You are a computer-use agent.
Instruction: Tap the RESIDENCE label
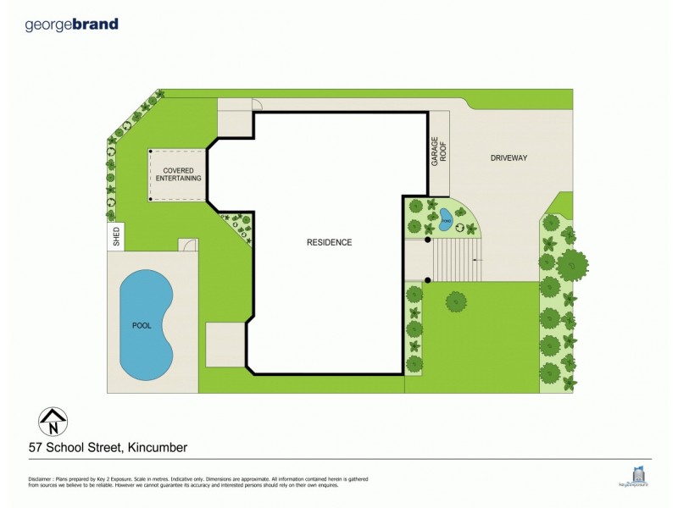tap(329, 242)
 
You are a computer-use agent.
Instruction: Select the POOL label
tap(141, 325)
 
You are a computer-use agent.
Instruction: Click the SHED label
tap(116, 239)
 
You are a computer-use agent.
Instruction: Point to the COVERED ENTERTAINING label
tap(177, 174)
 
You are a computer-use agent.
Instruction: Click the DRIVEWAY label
tap(508, 157)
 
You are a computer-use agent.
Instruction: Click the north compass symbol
tap(53, 421)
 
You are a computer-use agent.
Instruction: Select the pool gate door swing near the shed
tap(189, 245)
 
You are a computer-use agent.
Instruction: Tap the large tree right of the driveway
tap(572, 265)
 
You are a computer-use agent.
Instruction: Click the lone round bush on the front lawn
tap(456, 300)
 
